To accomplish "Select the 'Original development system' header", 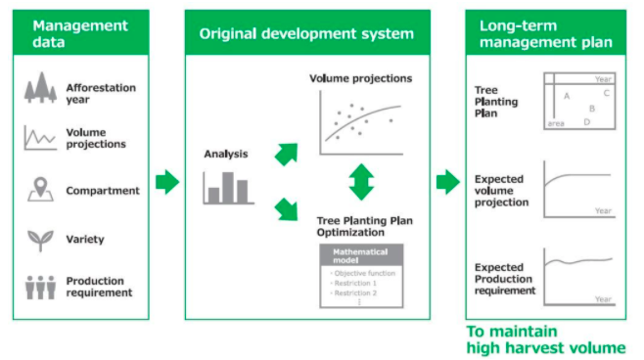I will point(306,33).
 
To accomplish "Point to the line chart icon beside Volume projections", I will point(40,138).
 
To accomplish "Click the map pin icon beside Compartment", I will point(40,190).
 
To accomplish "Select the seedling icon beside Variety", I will point(40,239).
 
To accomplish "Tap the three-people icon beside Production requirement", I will point(40,287).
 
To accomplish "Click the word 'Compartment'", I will point(103,191).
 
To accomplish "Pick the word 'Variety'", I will point(85,239).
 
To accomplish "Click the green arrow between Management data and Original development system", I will point(166,182).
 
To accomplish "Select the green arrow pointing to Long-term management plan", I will point(447,182).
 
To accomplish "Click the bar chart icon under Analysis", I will point(228,188).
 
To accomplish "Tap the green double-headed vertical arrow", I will point(362,182).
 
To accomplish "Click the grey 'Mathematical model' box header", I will point(361,256).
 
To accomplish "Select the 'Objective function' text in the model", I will point(364,273).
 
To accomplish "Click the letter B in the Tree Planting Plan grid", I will point(592,109).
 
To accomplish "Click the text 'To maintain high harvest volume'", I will point(544,339).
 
